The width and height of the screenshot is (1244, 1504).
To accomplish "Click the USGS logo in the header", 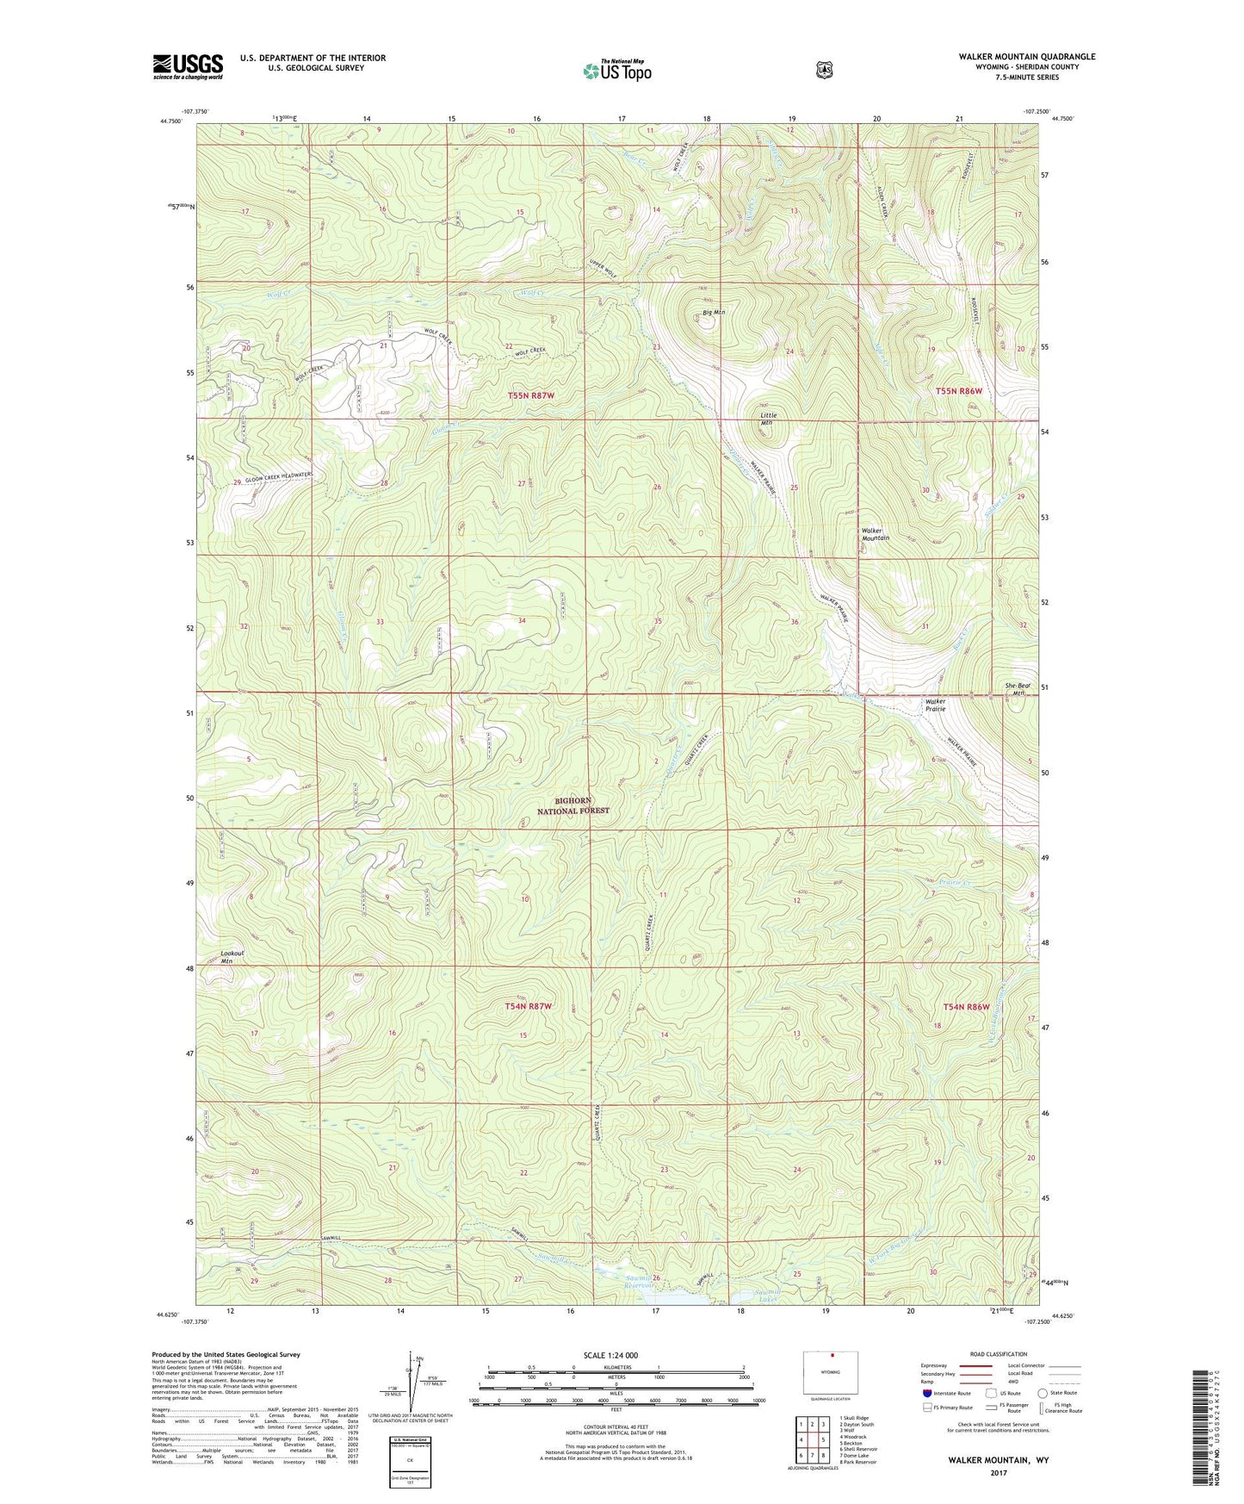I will pos(188,66).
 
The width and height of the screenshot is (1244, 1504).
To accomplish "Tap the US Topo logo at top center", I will pos(616,70).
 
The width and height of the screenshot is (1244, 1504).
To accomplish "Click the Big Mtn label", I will pos(714,312).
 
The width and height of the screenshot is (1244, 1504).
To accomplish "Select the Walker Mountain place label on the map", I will pos(876,534).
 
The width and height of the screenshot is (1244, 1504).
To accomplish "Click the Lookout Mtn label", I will pos(232,957).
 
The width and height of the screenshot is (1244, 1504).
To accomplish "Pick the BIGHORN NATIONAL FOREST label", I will pos(573,805).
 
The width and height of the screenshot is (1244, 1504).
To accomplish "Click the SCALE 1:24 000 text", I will pos(610,1355).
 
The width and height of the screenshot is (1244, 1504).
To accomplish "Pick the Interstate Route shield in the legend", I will pos(927,1393).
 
